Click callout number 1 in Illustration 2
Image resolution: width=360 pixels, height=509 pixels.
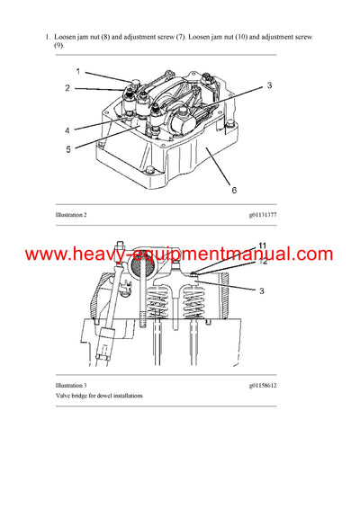coord(77,70)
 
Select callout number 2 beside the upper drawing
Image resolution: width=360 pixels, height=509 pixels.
coord(67,88)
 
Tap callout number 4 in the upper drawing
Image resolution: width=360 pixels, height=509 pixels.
coord(67,129)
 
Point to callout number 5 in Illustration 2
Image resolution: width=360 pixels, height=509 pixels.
coord(67,149)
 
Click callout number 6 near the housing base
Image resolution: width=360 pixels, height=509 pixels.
coord(234,191)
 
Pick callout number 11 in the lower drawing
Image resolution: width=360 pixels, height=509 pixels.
coord(262,246)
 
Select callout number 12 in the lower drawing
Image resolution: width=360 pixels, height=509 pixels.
coord(263,262)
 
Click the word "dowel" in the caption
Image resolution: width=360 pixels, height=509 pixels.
coord(112,396)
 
